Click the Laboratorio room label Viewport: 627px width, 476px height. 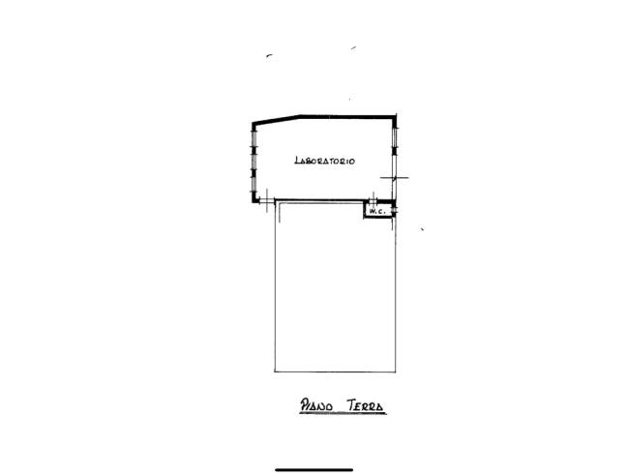point(325,161)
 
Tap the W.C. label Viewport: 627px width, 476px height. point(377,211)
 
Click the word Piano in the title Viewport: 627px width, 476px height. point(316,405)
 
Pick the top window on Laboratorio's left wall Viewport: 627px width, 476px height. point(254,138)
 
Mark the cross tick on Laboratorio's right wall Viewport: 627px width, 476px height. point(394,177)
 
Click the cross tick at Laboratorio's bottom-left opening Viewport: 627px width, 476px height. point(267,200)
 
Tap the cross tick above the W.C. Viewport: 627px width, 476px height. point(373,198)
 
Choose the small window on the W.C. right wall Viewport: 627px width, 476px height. point(394,209)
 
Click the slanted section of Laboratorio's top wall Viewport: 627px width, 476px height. point(277,119)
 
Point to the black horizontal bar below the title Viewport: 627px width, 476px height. point(313,470)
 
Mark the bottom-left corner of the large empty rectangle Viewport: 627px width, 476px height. point(275,372)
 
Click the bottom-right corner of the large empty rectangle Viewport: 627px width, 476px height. point(396,372)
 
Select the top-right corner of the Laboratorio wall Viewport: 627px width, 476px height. point(396,116)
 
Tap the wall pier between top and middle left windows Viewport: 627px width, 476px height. point(254,149)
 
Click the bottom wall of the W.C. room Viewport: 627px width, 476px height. point(378,218)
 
